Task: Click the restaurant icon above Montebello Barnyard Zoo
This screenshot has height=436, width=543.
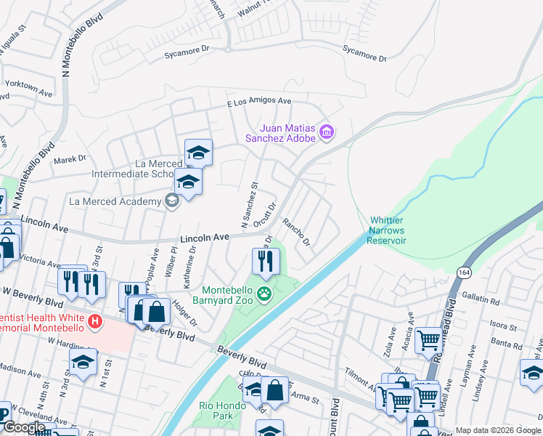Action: point(266,261)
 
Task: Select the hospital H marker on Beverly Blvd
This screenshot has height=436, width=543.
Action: point(94,320)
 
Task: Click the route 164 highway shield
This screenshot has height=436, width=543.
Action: point(463,271)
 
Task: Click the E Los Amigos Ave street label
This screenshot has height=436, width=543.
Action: point(259,102)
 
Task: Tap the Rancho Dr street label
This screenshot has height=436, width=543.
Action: point(296,232)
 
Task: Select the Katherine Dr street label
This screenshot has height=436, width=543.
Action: point(192,259)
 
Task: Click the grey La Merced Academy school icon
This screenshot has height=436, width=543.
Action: point(172,201)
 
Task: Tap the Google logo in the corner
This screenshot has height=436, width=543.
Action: point(23,427)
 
